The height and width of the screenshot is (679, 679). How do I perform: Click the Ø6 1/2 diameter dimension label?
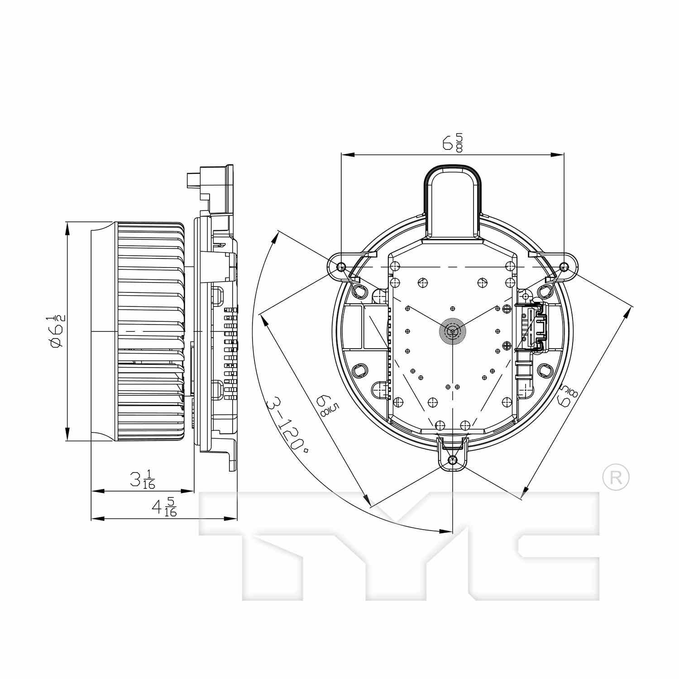point(57,331)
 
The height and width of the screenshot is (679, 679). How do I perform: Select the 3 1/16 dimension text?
point(142,479)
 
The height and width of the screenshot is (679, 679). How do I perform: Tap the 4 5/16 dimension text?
point(164,507)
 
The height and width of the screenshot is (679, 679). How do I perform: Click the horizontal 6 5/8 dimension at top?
point(452,143)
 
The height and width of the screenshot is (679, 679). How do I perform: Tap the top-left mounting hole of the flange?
point(341,267)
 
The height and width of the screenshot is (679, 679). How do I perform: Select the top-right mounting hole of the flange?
point(564,267)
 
